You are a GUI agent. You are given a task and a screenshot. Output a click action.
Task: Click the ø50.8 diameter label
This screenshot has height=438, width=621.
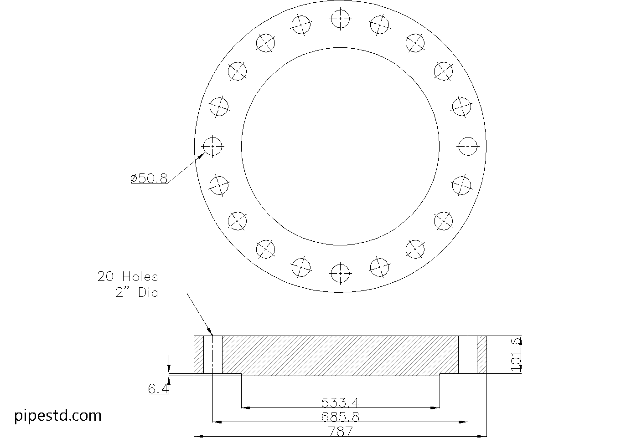tap(149, 178)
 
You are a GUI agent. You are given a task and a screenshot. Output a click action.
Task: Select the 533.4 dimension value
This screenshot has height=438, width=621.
tap(340, 402)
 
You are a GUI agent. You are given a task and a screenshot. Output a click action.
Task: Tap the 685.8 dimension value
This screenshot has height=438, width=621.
tap(340, 417)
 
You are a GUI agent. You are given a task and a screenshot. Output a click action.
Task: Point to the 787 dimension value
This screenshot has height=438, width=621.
tap(340, 431)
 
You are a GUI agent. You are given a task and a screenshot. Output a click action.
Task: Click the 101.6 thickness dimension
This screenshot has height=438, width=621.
tap(516, 355)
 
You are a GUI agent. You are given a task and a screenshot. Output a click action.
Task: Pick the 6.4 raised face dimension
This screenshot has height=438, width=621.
tap(158, 389)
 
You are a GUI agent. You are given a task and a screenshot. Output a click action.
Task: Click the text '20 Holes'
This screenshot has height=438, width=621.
tap(128, 276)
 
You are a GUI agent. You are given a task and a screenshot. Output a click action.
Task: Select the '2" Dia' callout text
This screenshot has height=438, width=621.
tap(136, 293)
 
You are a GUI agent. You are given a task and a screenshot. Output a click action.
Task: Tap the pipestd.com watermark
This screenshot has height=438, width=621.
tap(58, 415)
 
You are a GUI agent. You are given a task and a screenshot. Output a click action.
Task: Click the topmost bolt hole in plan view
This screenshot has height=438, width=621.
tap(340, 19)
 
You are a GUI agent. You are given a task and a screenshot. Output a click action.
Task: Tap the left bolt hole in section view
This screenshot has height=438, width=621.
tap(213, 355)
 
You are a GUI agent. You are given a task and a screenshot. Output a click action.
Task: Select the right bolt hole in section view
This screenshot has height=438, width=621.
tap(468, 355)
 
